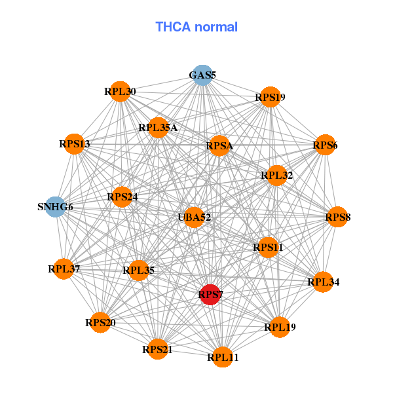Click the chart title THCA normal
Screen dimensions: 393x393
(196, 27)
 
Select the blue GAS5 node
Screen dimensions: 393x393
(202, 75)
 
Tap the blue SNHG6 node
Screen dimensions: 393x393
(56, 207)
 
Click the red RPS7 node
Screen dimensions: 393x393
(210, 295)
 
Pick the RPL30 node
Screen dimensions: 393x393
(120, 92)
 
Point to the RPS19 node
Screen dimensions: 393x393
(270, 98)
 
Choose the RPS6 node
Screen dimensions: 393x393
(325, 145)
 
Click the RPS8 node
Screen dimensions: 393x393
(337, 217)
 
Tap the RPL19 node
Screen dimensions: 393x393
(280, 326)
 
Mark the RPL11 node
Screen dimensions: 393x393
(223, 357)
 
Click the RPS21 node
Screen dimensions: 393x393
(157, 350)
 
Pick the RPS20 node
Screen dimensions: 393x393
(100, 322)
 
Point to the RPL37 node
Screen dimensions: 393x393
(64, 269)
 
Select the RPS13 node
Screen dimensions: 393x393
(74, 143)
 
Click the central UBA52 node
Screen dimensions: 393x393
(194, 217)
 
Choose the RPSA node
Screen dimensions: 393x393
(219, 145)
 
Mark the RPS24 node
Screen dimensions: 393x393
(122, 196)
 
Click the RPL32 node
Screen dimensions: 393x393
(276, 175)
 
